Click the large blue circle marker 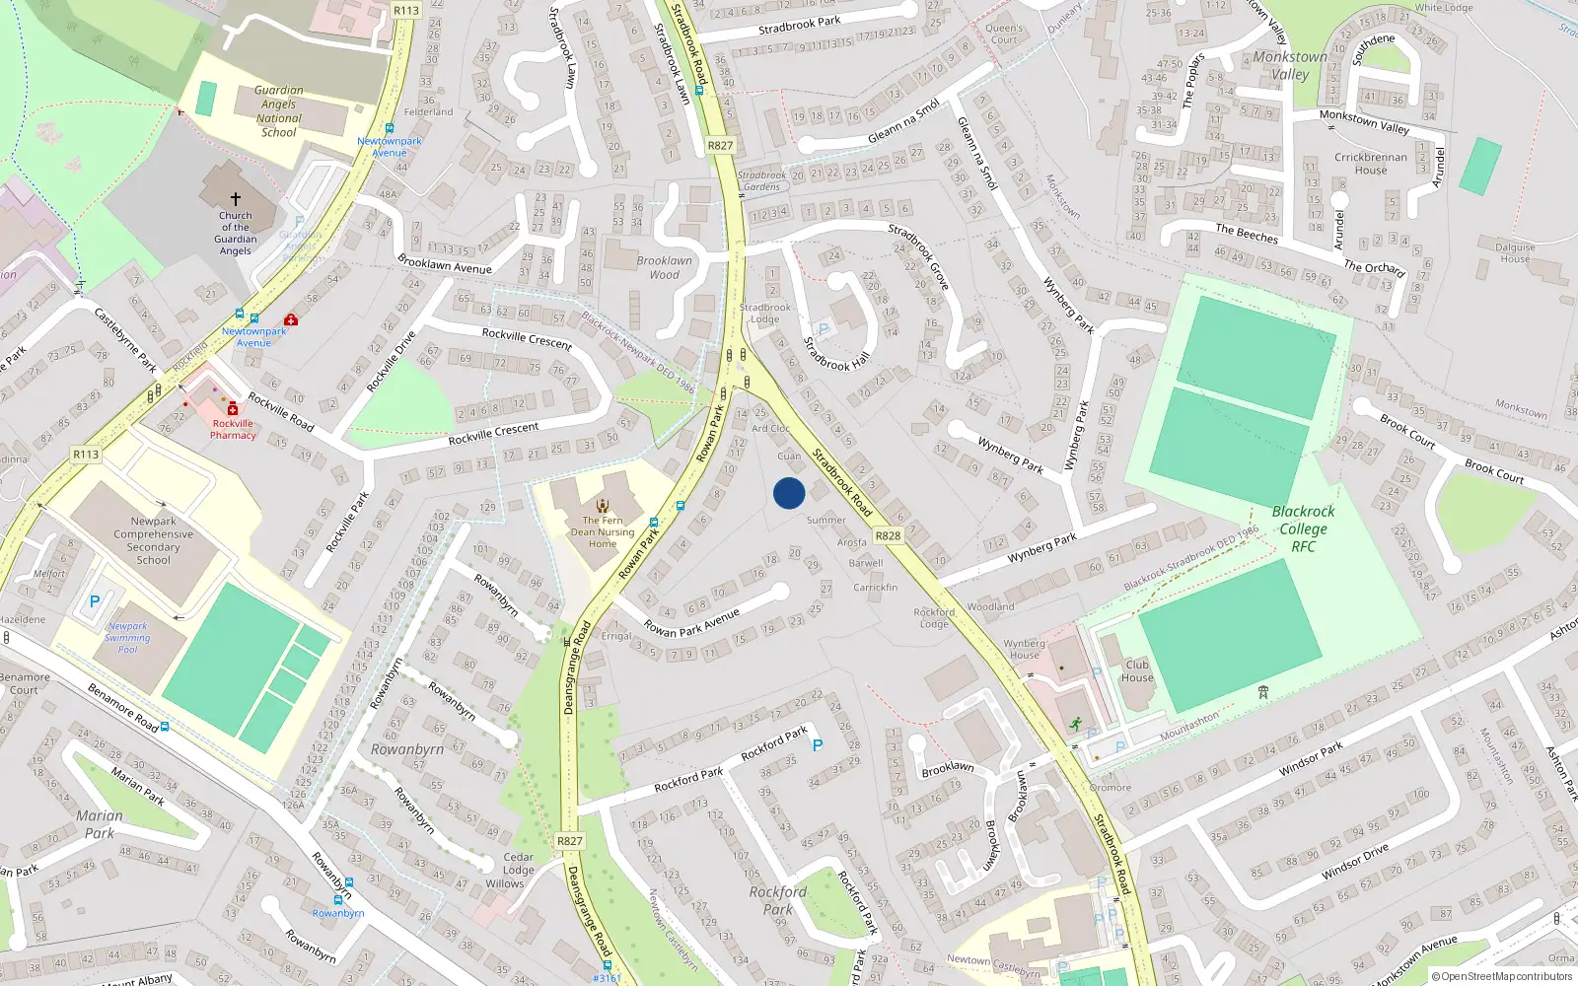coord(789,493)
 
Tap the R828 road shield coord(888,535)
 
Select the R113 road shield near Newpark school coord(86,455)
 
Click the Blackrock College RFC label coord(1303,528)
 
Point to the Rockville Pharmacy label coord(233,429)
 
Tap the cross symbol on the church coord(236,199)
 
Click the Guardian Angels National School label coord(278,111)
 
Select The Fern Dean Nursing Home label coord(603,532)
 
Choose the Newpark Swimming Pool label coord(128,638)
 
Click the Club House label coord(1137,671)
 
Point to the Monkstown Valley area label coord(1290,65)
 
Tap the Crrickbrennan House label coord(1371,164)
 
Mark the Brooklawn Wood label coord(664,268)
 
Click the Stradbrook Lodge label coord(764,314)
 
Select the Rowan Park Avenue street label coord(691,622)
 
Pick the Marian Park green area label coord(100,824)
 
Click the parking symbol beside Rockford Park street coord(817,745)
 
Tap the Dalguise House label coord(1515,253)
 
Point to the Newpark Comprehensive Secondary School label coord(154,540)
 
